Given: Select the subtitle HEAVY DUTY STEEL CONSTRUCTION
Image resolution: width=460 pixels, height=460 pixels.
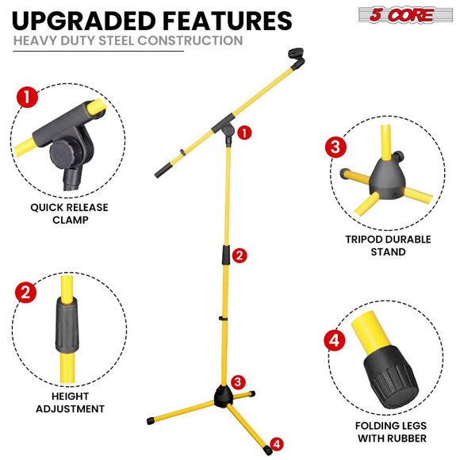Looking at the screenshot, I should [127, 40].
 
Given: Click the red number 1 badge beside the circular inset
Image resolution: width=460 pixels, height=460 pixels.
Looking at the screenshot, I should [26, 98].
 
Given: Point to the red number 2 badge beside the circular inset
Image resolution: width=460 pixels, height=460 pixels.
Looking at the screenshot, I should [26, 292].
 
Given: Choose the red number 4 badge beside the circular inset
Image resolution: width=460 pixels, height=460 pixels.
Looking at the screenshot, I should [334, 343].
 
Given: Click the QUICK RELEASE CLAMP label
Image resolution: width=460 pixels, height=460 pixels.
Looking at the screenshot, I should [70, 213].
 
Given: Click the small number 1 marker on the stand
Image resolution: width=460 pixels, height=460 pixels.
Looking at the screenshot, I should [245, 132].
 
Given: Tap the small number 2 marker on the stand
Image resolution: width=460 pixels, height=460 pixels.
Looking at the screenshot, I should [240, 255].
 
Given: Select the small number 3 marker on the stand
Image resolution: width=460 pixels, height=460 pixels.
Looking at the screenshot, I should [237, 382].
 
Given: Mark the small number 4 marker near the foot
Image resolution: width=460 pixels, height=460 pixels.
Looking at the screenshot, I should [276, 443].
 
